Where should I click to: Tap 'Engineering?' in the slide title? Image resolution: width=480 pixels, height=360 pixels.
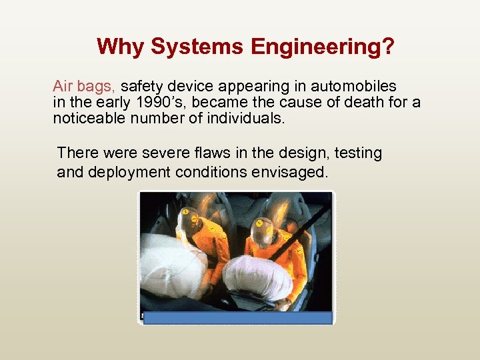[323, 47]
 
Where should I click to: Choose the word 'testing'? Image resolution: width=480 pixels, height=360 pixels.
[358, 153]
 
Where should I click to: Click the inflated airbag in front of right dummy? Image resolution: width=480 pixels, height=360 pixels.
[257, 277]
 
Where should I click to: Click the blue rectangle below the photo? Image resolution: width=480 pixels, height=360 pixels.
[237, 317]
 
